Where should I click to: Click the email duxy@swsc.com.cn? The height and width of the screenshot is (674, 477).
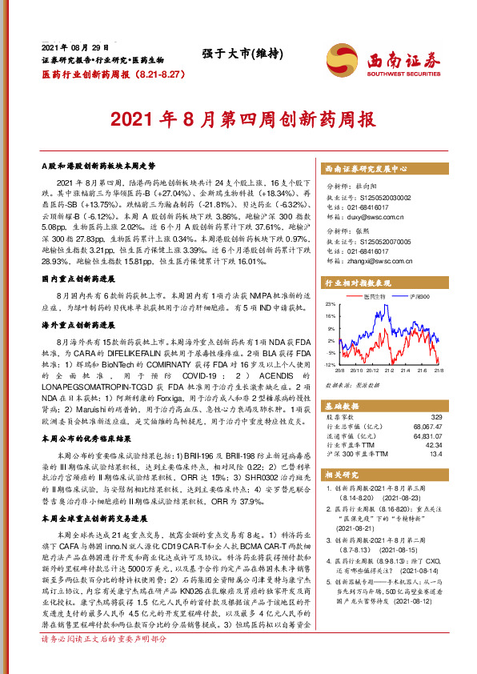point(373,216)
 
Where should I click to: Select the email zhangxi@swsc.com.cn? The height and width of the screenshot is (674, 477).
point(375,261)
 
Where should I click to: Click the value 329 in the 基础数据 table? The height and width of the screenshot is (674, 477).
point(436,418)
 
